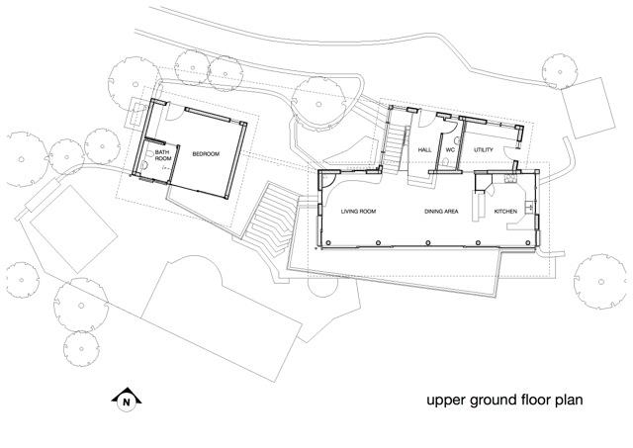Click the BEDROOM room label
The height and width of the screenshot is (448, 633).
point(206,153)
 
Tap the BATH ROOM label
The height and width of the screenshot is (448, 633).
point(163,155)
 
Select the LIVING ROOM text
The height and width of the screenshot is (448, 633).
point(361,212)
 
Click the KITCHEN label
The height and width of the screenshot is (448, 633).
point(505,212)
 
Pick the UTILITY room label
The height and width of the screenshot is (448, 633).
point(484,149)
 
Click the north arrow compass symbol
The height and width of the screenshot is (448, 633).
point(126,400)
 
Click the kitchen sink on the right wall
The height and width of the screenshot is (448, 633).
point(529,208)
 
